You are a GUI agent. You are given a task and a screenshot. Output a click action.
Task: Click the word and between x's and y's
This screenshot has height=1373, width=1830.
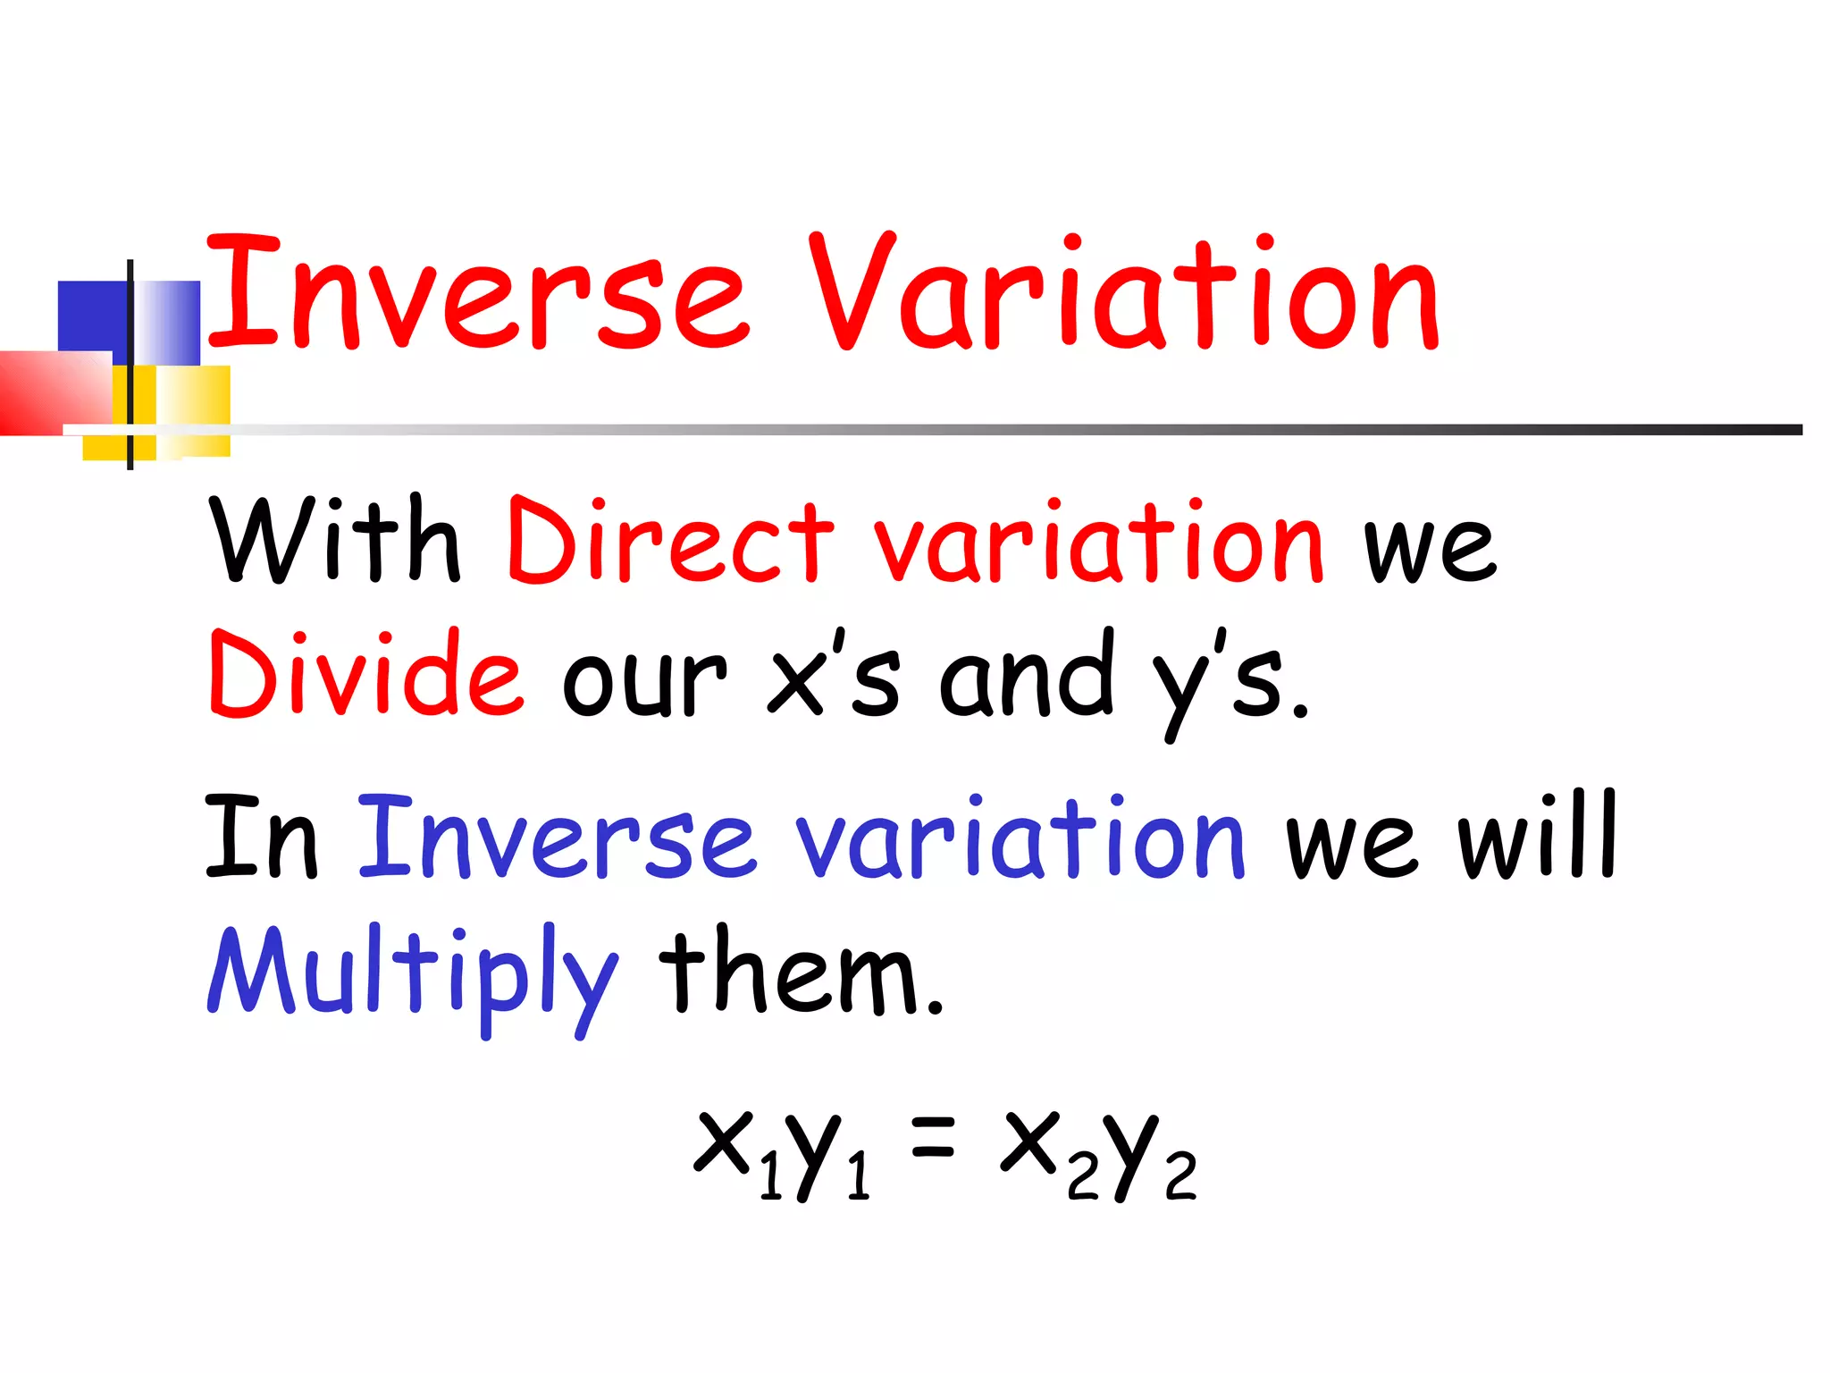point(1028,675)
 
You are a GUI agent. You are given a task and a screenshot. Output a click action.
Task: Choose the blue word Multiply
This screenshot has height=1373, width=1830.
point(411,974)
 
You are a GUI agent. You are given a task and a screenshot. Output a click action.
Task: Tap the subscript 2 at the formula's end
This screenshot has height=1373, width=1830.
point(1180,1175)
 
